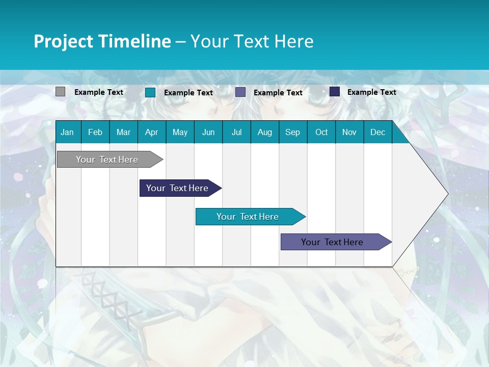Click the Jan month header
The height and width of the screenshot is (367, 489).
click(x=67, y=132)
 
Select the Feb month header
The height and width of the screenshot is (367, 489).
click(x=95, y=132)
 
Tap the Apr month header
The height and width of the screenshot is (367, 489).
click(x=151, y=132)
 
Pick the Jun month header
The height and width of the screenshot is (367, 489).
click(x=208, y=132)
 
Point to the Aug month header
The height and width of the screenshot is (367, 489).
click(x=264, y=132)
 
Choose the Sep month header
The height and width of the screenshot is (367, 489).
click(x=292, y=132)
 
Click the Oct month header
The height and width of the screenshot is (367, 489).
click(x=321, y=132)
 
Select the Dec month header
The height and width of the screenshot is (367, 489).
click(x=377, y=132)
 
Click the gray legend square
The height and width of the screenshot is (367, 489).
click(x=60, y=92)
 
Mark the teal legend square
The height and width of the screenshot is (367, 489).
click(x=150, y=92)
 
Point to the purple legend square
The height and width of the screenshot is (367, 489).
click(x=240, y=92)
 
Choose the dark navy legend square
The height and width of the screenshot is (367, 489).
click(x=335, y=92)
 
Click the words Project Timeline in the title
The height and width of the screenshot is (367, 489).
click(x=102, y=41)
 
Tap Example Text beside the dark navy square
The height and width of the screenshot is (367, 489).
click(x=371, y=92)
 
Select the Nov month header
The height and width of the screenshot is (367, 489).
click(x=349, y=132)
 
